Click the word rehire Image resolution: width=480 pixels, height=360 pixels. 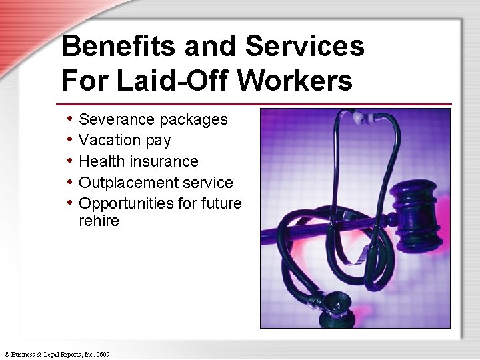click(x=99, y=221)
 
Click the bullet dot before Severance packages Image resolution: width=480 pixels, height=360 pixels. click(x=71, y=119)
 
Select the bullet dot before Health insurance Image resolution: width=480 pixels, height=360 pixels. click(x=71, y=161)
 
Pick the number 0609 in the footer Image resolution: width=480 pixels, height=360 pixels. click(x=102, y=353)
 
